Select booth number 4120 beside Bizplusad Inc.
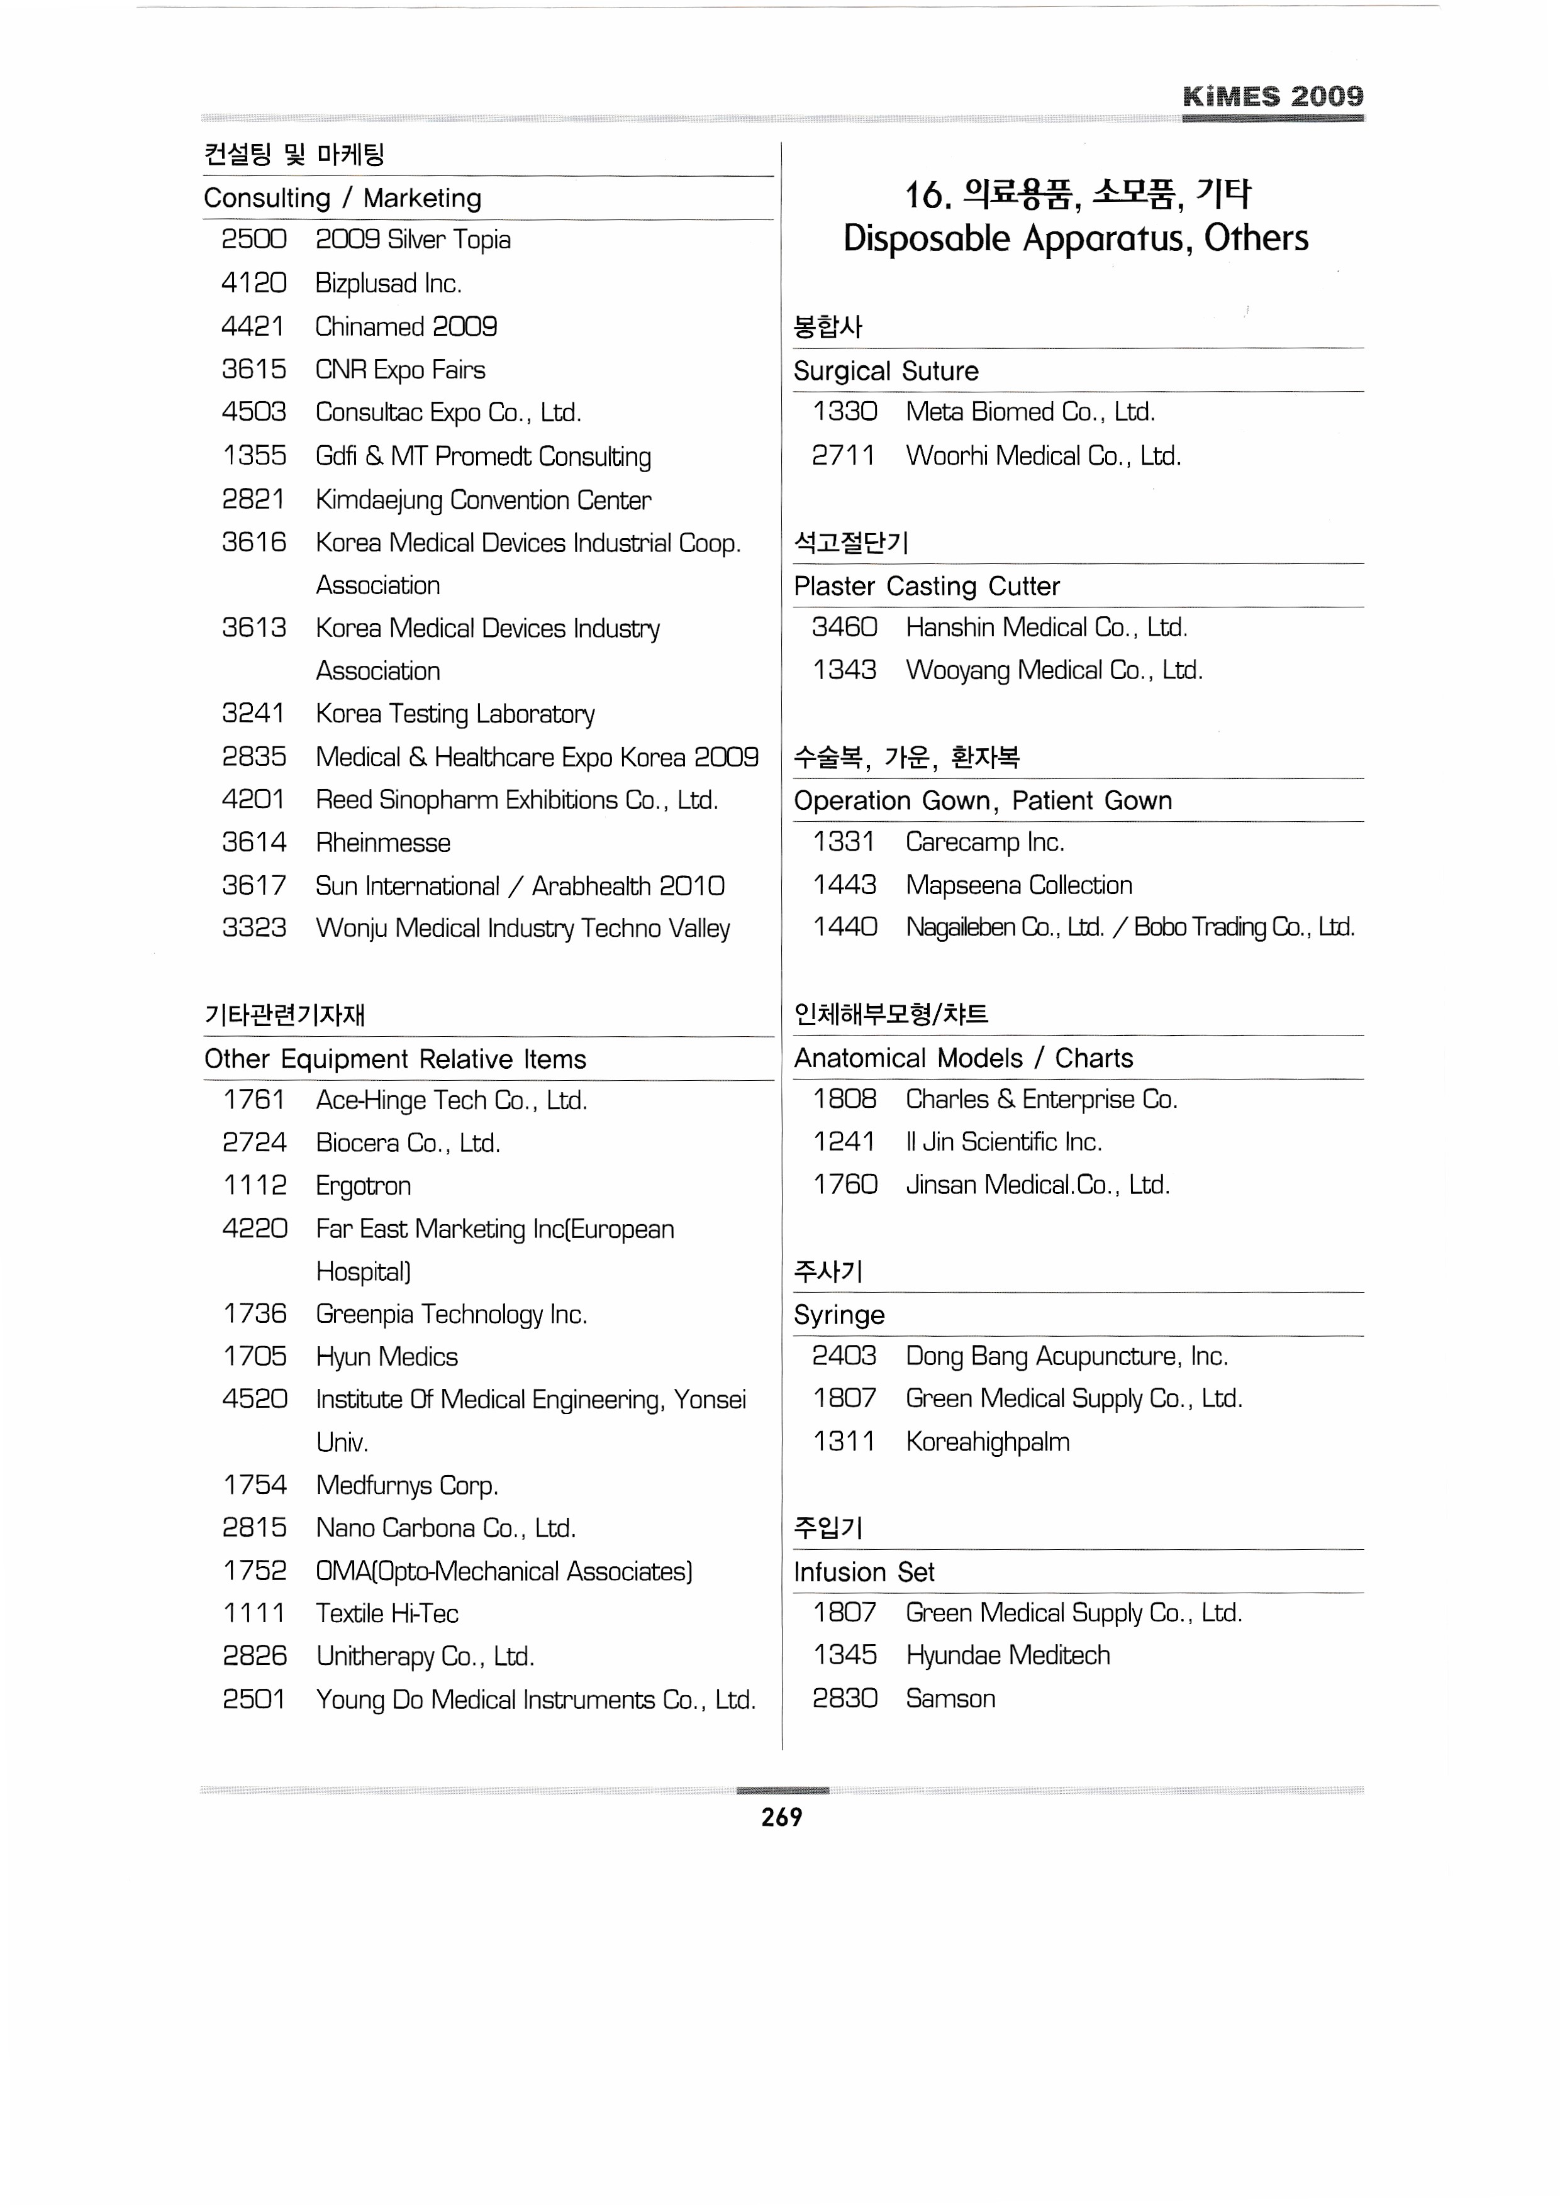point(253,284)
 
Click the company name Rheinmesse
point(382,843)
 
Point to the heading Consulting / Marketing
point(343,199)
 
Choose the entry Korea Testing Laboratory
point(455,714)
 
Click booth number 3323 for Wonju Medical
point(253,928)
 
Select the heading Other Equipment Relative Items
point(395,1059)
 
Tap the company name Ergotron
point(363,1186)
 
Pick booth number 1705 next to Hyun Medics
point(255,1357)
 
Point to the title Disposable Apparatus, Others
point(1076,238)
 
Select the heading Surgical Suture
point(886,372)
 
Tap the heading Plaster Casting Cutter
point(926,586)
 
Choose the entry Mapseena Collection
point(1018,885)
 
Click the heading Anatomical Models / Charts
point(962,1058)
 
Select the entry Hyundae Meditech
point(1006,1655)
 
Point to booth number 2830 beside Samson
point(844,1699)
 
